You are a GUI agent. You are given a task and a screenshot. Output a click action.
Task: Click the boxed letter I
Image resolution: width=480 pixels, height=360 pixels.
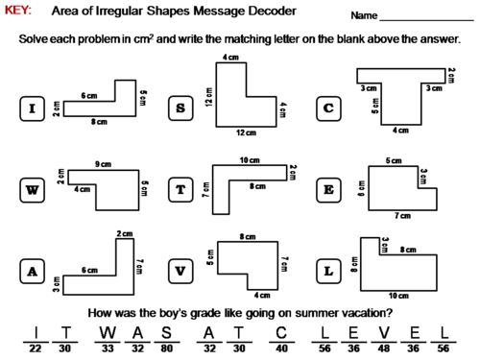(33, 108)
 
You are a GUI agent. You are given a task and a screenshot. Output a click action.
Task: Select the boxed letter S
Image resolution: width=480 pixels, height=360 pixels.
(180, 108)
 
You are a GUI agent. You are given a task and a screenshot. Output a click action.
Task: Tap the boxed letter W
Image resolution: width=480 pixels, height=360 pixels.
(33, 190)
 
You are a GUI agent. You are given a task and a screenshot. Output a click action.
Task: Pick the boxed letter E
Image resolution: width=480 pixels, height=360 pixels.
(328, 190)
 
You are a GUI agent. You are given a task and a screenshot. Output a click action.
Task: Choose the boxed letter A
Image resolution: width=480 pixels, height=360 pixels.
(33, 273)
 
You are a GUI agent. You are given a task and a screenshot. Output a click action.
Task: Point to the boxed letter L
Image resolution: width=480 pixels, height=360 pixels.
(328, 273)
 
